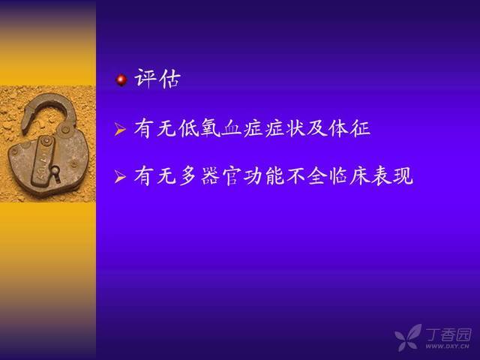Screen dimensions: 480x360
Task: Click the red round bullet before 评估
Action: click(121, 80)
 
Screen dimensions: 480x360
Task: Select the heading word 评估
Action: click(157, 79)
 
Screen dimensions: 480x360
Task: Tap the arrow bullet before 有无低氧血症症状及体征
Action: click(120, 129)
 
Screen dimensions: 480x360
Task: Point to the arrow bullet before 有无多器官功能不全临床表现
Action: click(120, 177)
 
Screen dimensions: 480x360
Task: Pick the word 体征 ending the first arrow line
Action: click(349, 128)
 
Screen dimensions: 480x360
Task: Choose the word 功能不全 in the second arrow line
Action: click(285, 176)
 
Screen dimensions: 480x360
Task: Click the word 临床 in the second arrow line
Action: click(349, 176)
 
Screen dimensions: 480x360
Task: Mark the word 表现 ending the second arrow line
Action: click(392, 176)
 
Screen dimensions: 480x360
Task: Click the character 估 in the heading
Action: click(169, 79)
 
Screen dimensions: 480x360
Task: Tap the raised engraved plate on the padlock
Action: click(42, 161)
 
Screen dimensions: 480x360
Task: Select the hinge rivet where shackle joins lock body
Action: click(65, 130)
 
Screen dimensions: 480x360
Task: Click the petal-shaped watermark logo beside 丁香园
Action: click(408, 337)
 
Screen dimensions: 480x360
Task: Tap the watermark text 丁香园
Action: click(448, 334)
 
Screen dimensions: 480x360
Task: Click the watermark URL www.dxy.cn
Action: click(447, 346)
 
